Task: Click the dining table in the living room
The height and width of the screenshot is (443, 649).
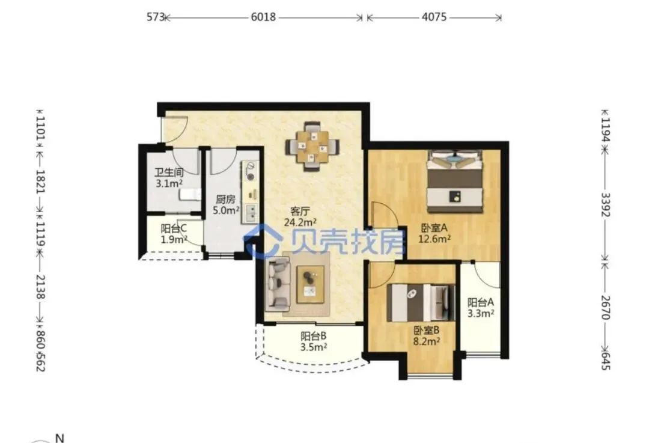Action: pos(312,147)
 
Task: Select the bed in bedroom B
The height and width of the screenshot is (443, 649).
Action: pos(421,303)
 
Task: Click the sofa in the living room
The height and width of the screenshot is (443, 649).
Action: pos(278,284)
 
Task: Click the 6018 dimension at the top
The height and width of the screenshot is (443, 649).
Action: pos(263,17)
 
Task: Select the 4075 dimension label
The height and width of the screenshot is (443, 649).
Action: pos(434,17)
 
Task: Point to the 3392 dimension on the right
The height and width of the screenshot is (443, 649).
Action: pos(606,204)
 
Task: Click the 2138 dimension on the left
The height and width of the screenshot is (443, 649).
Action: pos(41,287)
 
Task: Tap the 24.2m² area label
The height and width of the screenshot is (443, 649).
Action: pos(300,222)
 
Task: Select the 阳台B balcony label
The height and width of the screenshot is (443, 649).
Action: pos(313,336)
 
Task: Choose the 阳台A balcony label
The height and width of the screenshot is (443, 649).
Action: pos(481,303)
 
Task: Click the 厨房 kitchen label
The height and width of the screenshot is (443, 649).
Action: pos(225,200)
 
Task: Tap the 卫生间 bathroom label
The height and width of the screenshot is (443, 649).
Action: pos(169,173)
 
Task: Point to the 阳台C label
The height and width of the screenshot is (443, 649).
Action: pos(174,228)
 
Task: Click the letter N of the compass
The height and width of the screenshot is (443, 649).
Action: pos(60,438)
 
